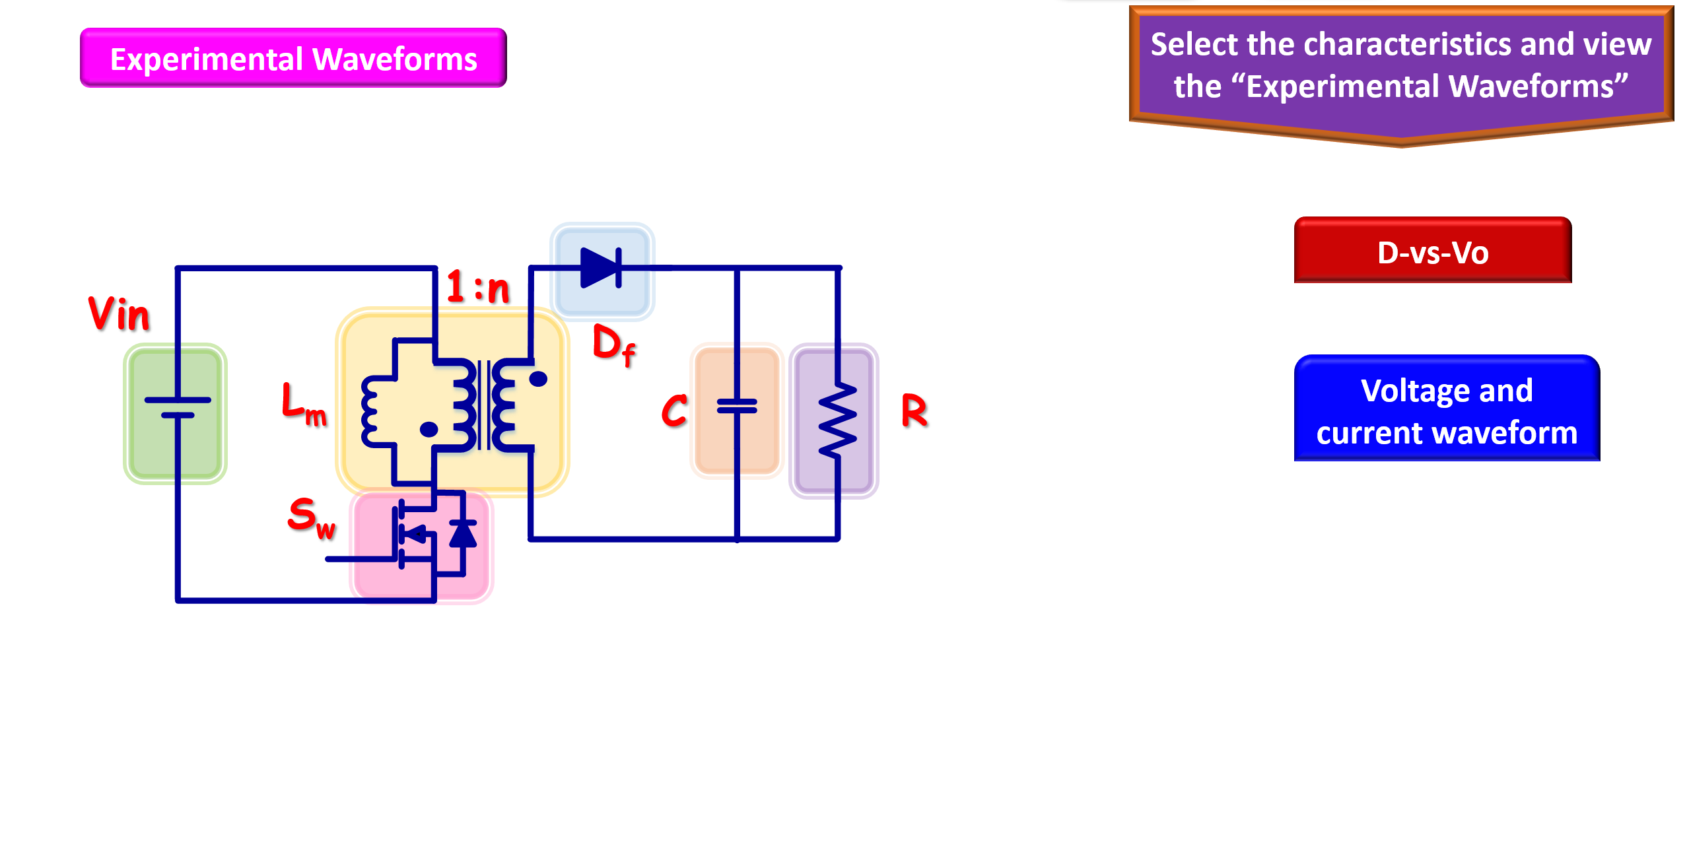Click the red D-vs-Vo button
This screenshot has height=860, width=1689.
click(1432, 251)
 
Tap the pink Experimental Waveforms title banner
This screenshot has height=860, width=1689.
click(293, 58)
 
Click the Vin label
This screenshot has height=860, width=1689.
click(119, 314)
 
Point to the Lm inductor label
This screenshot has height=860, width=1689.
click(303, 404)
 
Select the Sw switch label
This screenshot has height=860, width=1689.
click(311, 518)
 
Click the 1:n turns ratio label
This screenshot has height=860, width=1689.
click(477, 287)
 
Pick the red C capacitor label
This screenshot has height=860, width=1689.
click(674, 411)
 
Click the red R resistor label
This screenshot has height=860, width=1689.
click(914, 411)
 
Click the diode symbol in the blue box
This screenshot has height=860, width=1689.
click(601, 268)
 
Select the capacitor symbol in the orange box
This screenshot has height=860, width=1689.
click(737, 407)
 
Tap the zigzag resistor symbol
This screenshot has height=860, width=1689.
click(837, 420)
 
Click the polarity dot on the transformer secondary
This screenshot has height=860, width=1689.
click(539, 379)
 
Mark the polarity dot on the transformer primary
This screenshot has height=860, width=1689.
click(429, 430)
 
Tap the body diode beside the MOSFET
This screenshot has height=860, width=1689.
click(463, 533)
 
